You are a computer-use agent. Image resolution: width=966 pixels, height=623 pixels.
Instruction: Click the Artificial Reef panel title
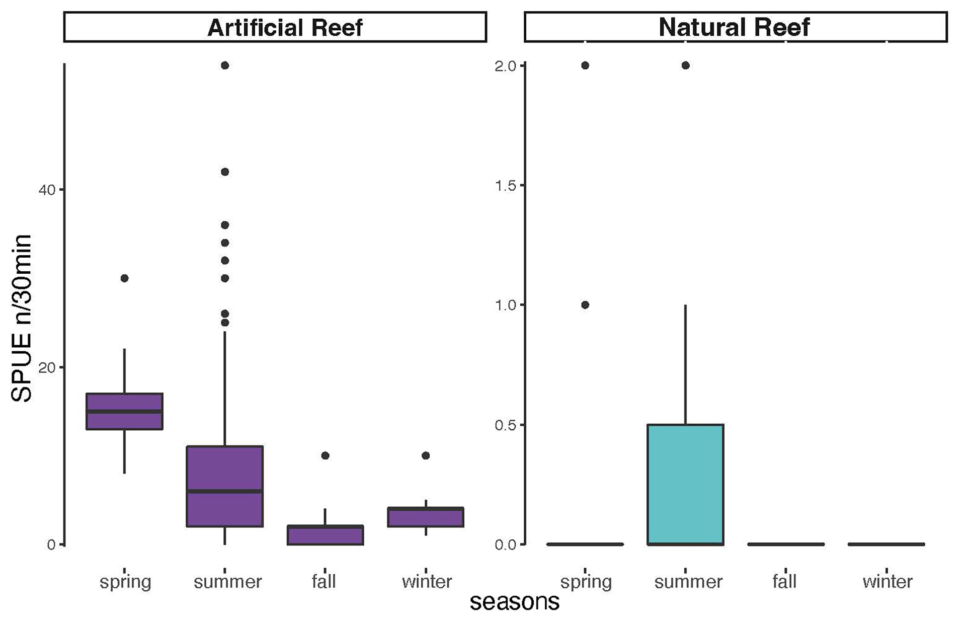285,27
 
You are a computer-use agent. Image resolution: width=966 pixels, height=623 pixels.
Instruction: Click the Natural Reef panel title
734,27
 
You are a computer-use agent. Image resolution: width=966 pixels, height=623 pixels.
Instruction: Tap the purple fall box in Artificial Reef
325,535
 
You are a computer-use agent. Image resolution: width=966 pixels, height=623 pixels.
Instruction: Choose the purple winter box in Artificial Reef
426,517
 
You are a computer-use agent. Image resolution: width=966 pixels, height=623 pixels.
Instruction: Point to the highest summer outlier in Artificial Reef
225,65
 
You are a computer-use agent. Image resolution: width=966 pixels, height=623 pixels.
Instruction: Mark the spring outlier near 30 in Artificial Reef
124,278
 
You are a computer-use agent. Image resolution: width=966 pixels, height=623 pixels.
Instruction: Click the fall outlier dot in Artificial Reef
325,455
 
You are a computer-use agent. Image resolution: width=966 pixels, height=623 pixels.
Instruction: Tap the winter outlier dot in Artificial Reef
426,455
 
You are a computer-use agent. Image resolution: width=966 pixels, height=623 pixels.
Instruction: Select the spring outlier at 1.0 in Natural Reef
585,305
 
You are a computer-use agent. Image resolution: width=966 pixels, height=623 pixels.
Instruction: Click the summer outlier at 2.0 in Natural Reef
685,65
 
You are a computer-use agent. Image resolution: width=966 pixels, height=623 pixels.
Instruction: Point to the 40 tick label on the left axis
47,190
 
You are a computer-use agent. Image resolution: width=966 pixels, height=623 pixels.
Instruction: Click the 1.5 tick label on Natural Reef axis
506,185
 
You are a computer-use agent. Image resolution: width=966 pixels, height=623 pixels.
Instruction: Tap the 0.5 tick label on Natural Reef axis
506,425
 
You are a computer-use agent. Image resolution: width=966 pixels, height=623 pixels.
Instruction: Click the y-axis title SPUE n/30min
21,318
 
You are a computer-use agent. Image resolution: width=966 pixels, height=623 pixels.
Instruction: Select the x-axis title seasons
514,602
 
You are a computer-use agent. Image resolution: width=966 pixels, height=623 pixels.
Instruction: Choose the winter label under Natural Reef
887,582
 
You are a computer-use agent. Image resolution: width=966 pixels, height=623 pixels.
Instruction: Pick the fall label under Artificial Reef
324,582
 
